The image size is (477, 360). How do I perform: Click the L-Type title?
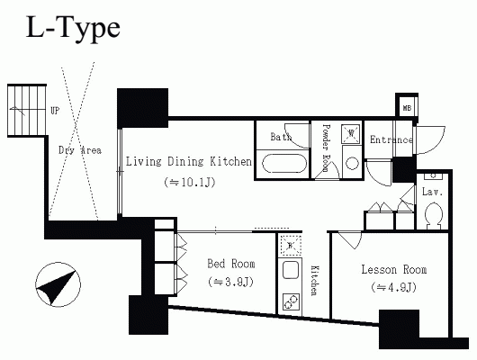(73, 28)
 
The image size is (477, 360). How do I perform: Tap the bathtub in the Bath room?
(284, 164)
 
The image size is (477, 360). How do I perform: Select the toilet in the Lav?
(434, 215)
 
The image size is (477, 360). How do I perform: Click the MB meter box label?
(407, 108)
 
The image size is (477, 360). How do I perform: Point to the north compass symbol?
(58, 284)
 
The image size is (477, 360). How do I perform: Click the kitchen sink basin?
(291, 270)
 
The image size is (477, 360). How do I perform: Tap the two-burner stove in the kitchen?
(291, 301)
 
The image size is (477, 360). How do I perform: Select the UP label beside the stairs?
(55, 111)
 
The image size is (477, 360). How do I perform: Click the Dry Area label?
(80, 150)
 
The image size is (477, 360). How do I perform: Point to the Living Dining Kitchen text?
(189, 161)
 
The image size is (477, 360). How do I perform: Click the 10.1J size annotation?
(190, 183)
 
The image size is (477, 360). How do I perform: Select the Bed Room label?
(231, 264)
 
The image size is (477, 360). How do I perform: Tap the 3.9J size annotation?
(230, 282)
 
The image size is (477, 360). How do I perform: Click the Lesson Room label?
(394, 270)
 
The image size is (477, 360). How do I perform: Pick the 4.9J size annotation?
(393, 287)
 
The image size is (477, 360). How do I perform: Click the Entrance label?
(391, 139)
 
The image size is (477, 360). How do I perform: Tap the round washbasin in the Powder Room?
(352, 164)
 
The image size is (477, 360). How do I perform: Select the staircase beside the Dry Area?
(27, 111)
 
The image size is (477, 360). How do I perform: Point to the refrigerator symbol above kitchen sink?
(290, 246)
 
